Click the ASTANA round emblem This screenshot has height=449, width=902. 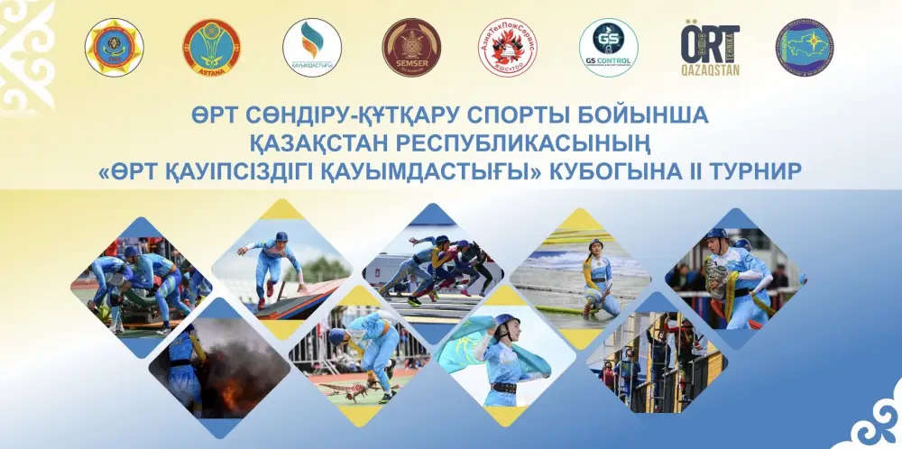click(x=212, y=48)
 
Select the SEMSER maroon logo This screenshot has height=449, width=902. click(x=411, y=48)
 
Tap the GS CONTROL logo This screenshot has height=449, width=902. click(x=609, y=48)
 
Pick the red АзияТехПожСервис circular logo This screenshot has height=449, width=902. click(x=508, y=48)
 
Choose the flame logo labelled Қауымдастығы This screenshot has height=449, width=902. click(x=312, y=48)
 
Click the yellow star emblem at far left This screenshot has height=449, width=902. click(x=114, y=48)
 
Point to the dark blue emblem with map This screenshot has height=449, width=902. click(x=805, y=48)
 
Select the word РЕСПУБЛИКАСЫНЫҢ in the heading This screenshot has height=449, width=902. click(x=499, y=144)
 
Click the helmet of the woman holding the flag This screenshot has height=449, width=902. click(x=505, y=322)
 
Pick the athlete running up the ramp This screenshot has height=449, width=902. click(x=271, y=261)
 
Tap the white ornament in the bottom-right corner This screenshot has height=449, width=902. click(x=870, y=419)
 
